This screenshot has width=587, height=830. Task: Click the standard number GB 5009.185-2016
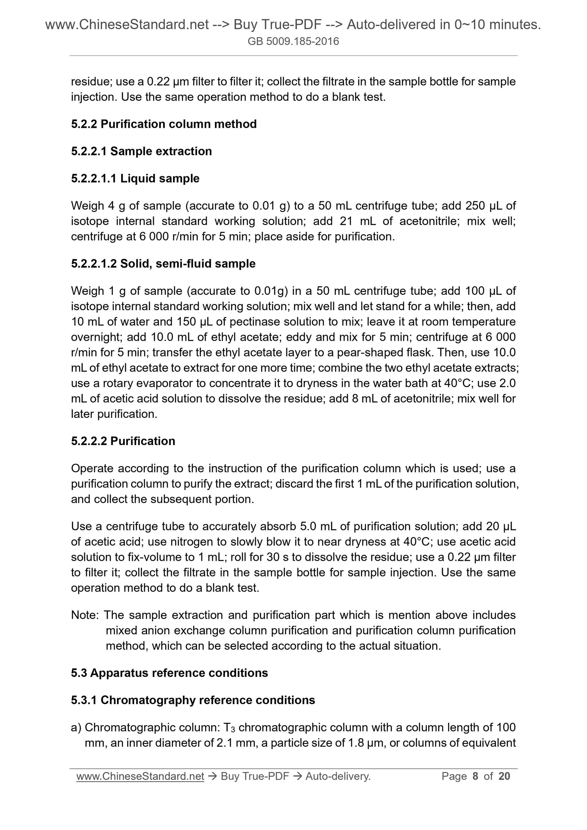pyautogui.click(x=293, y=41)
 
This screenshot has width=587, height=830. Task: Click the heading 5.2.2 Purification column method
pyautogui.click(x=164, y=124)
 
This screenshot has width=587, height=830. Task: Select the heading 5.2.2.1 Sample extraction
pyautogui.click(x=141, y=151)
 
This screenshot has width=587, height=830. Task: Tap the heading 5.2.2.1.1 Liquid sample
pyautogui.click(x=135, y=178)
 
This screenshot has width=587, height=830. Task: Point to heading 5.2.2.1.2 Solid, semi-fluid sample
pyautogui.click(x=163, y=264)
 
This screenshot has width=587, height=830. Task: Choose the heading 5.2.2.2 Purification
pyautogui.click(x=123, y=441)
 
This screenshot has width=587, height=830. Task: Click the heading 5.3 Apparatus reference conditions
pyautogui.click(x=169, y=673)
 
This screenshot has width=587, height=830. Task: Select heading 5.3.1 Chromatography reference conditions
pyautogui.click(x=193, y=700)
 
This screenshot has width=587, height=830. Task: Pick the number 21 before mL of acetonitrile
pyautogui.click(x=342, y=221)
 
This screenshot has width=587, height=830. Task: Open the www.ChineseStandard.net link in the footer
pyautogui.click(x=140, y=776)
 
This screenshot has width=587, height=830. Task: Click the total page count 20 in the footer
pyautogui.click(x=504, y=776)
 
